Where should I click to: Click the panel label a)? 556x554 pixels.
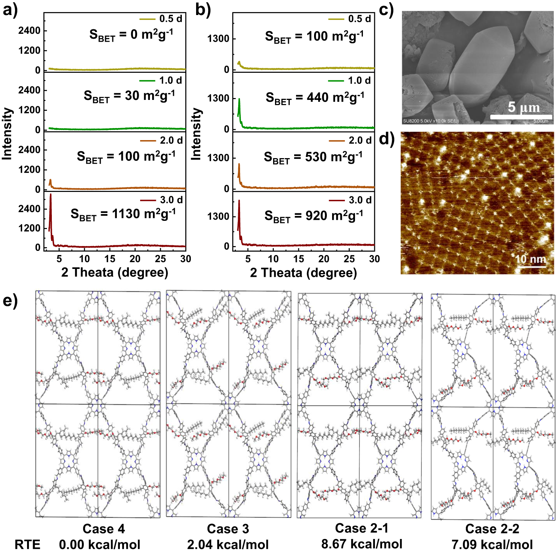click(10, 10)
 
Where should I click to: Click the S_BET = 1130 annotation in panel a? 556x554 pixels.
click(123, 214)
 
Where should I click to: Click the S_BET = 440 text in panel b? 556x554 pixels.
click(315, 98)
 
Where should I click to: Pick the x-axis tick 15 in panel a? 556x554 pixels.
click(110, 259)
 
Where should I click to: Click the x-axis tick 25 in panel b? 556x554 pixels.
click(349, 259)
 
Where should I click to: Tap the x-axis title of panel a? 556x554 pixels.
click(115, 272)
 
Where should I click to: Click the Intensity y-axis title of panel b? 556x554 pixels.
click(196, 134)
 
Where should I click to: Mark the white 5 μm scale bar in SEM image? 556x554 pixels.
click(521, 117)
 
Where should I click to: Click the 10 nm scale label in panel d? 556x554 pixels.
click(530, 259)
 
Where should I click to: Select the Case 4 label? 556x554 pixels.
click(104, 529)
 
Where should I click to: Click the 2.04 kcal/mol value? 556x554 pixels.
click(228, 545)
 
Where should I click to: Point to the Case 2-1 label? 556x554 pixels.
click(361, 528)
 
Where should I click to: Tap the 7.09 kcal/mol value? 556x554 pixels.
click(492, 545)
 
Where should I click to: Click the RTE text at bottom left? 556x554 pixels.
click(27, 545)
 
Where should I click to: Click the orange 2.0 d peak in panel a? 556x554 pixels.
click(50, 183)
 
